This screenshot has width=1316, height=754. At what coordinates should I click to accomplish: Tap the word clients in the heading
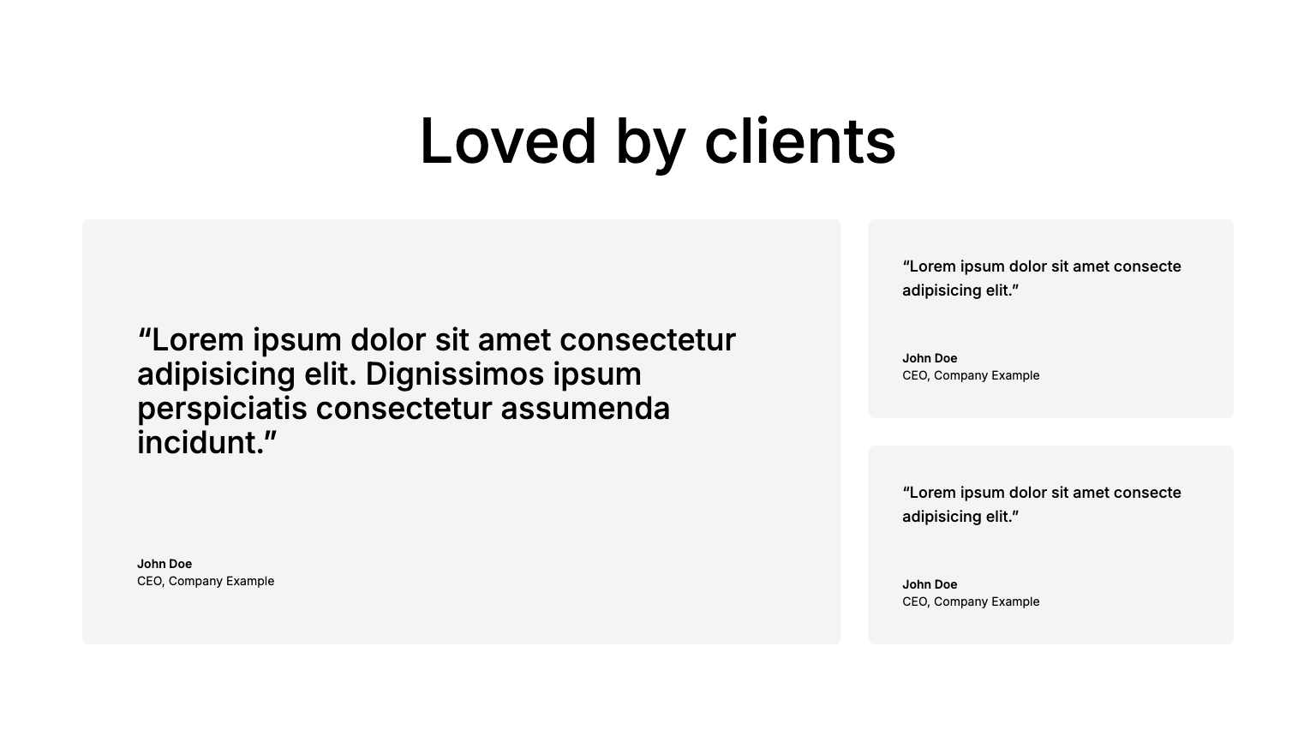800,141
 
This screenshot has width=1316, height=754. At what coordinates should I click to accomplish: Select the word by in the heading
650,144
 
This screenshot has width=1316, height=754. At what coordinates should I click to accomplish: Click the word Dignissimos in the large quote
455,375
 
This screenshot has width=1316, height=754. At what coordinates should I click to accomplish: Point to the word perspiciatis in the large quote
222,410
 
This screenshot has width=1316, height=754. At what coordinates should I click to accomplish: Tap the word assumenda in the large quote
585,409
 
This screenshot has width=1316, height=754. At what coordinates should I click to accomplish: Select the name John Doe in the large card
164,564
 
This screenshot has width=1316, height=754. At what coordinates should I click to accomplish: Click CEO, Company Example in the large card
206,581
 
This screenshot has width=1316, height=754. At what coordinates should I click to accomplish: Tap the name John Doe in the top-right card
930,358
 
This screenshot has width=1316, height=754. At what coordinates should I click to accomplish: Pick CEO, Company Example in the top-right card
971,375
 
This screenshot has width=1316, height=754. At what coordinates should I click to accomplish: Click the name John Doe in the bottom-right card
930,584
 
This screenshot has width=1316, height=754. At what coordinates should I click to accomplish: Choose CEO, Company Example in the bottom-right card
971,601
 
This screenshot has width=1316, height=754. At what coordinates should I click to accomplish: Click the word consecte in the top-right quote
1147,266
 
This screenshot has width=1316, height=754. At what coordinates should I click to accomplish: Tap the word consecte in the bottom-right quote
1147,493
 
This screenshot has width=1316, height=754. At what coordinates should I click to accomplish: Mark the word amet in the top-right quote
1091,266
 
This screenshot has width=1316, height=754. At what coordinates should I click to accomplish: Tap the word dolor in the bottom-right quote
1027,493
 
